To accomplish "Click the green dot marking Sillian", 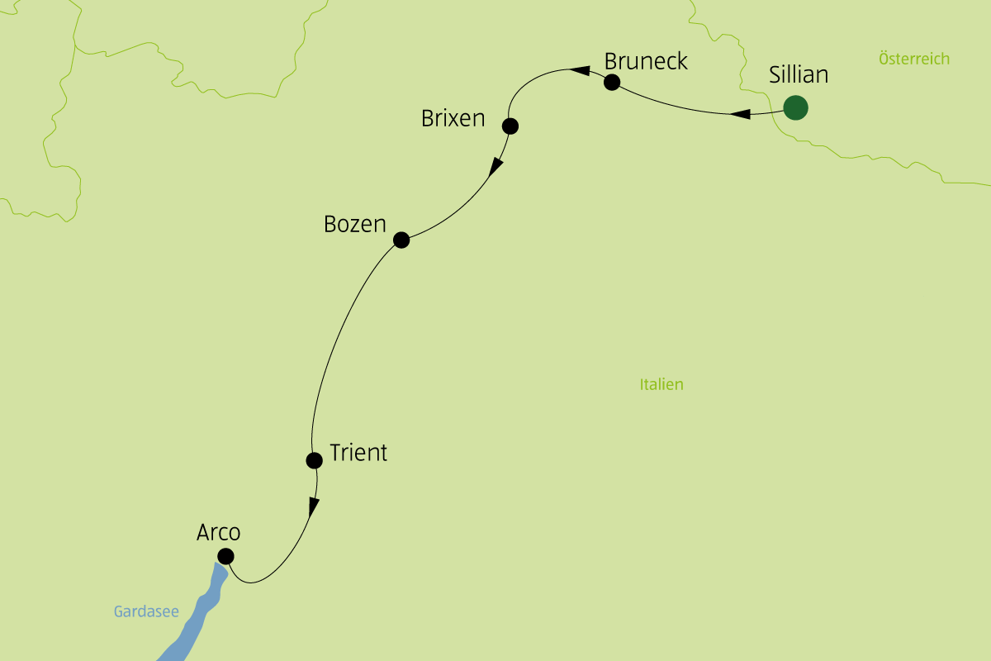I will (795, 107).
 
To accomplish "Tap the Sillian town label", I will (798, 75).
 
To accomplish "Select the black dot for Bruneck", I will (612, 82).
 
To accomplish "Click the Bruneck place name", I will (646, 62).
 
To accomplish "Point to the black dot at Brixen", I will (510, 126).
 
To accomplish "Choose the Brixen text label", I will (453, 119).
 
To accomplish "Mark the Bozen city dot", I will (401, 240).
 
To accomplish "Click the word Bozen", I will (355, 224).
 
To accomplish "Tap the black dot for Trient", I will (314, 459).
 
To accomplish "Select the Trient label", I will (358, 453).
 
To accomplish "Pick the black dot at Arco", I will (225, 556).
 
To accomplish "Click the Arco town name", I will (218, 533).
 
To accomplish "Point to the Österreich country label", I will (914, 59).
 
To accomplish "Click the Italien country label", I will (661, 384).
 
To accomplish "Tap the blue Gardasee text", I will (146, 612).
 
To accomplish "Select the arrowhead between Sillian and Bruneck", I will (741, 114).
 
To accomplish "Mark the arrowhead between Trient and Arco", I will (314, 506).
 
